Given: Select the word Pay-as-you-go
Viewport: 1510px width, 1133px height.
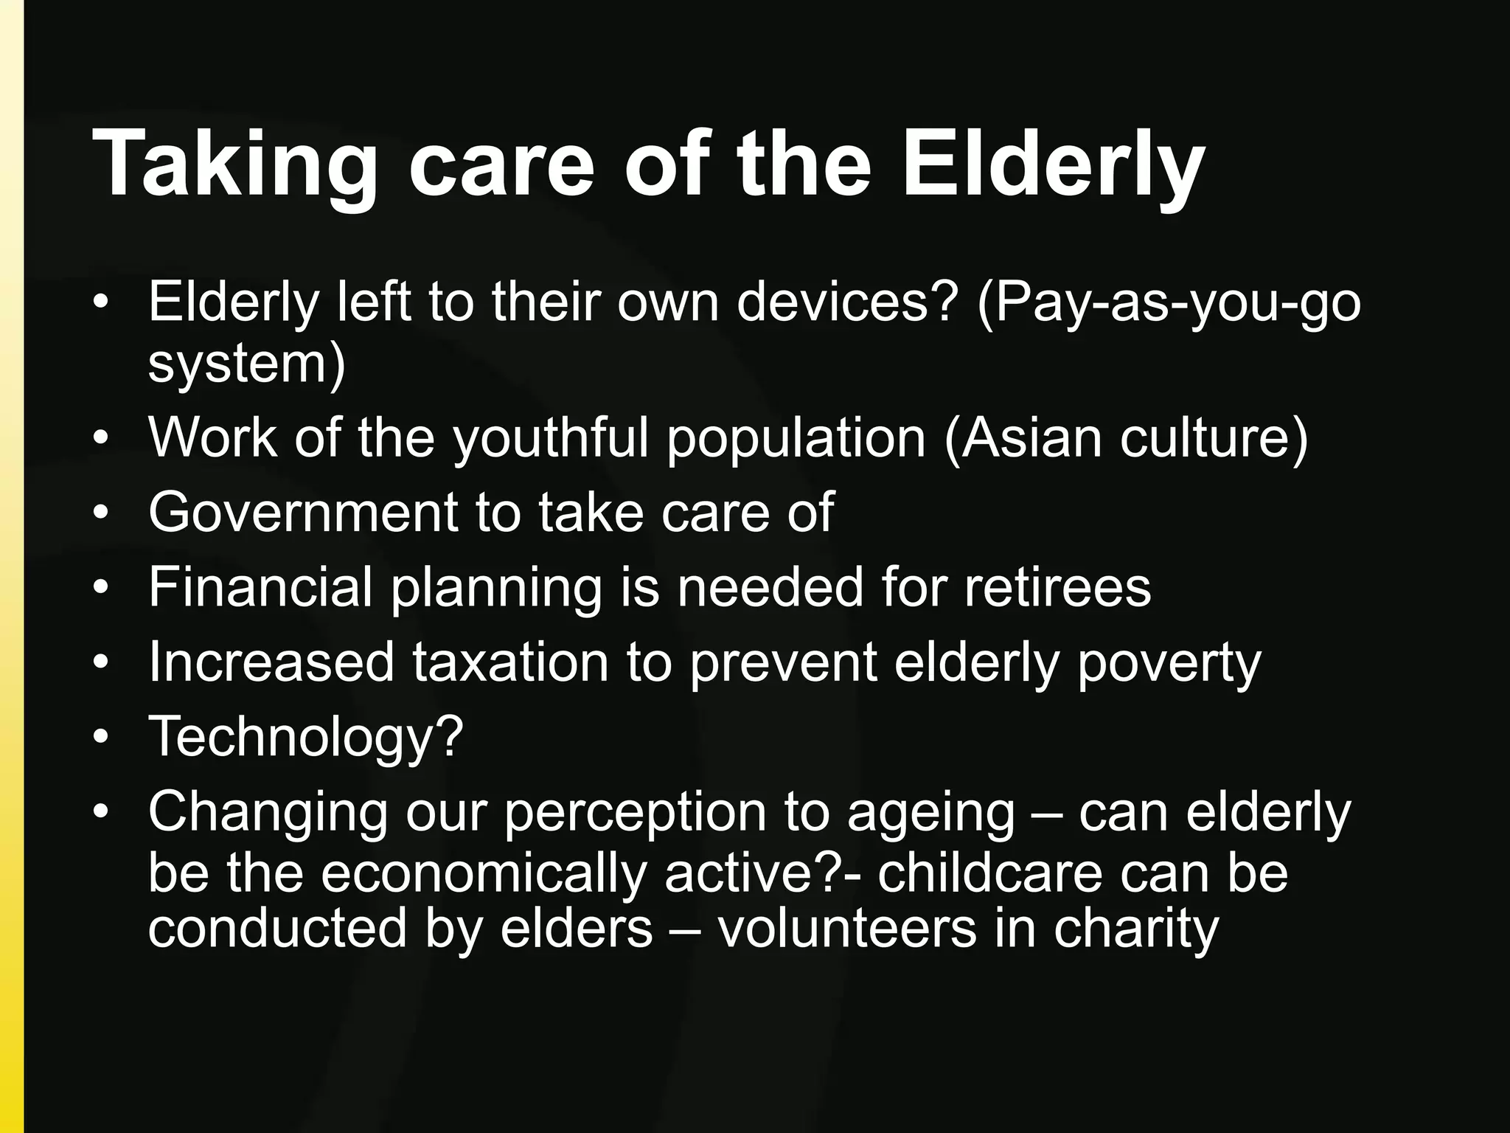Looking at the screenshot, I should pyautogui.click(x=1169, y=304).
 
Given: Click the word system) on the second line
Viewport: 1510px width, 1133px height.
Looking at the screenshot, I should pyautogui.click(x=246, y=364).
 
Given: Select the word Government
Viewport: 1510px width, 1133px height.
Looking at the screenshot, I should pyautogui.click(x=303, y=513).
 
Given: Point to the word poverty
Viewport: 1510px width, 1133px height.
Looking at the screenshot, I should pyautogui.click(x=1169, y=662).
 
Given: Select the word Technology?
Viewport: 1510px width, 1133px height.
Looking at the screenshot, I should pyautogui.click(x=306, y=737).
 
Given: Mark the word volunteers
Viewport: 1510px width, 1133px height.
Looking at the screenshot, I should pyautogui.click(x=847, y=929).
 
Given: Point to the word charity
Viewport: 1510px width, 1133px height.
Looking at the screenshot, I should pyautogui.click(x=1136, y=929).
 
